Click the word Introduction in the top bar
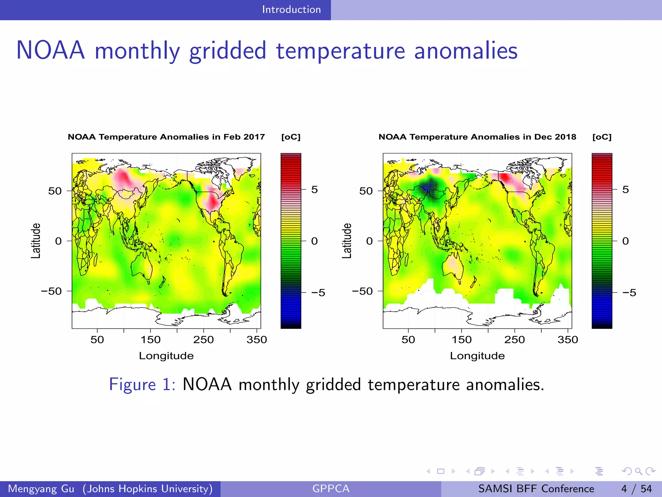[291, 10]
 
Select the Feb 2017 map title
[166, 137]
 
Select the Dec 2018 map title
[477, 137]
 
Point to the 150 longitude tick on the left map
[151, 339]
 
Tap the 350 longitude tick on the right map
[568, 339]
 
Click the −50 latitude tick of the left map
[51, 291]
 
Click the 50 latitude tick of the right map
[366, 191]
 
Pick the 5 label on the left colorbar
[314, 190]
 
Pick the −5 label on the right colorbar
[629, 293]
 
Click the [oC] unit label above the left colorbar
[291, 137]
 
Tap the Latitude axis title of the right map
[347, 241]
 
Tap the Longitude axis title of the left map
[166, 356]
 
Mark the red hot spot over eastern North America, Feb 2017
[213, 202]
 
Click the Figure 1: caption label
[142, 384]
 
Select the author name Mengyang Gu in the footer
[41, 489]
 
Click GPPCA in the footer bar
[331, 489]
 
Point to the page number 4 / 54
[636, 489]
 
